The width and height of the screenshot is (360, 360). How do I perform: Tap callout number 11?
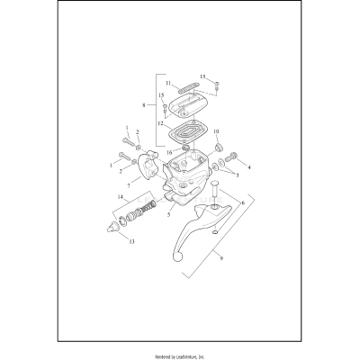(167, 83)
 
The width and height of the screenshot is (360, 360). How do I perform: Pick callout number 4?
(249, 166)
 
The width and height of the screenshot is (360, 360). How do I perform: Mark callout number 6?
(241, 204)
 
